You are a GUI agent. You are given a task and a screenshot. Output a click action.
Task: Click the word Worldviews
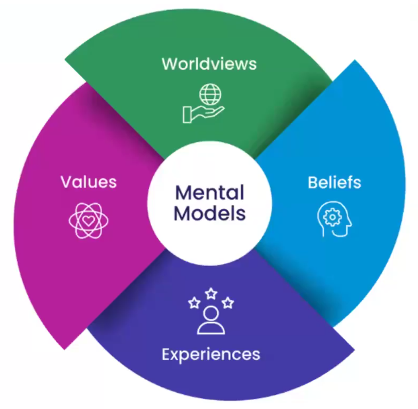[209, 64]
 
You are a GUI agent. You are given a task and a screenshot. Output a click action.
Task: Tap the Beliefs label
[334, 182]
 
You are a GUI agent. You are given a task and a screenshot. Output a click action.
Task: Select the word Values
[88, 182]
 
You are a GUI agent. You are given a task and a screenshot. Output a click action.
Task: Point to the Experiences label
[211, 354]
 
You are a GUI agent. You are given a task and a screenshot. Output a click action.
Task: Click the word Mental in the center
[209, 192]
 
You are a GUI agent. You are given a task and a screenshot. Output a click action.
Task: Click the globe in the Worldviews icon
[210, 94]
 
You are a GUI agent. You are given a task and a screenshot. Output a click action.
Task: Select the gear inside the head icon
[332, 217]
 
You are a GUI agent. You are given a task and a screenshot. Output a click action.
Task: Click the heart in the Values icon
[88, 221]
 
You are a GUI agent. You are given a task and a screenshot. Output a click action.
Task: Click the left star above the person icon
[194, 303]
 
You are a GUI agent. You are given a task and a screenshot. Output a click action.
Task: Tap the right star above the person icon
[228, 303]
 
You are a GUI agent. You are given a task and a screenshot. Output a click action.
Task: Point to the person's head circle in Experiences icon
[211, 314]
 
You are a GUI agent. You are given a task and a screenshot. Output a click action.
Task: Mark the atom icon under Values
[88, 221]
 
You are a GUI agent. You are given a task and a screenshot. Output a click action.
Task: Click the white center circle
[209, 203]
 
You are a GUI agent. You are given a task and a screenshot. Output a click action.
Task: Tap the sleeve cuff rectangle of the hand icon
[187, 115]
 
